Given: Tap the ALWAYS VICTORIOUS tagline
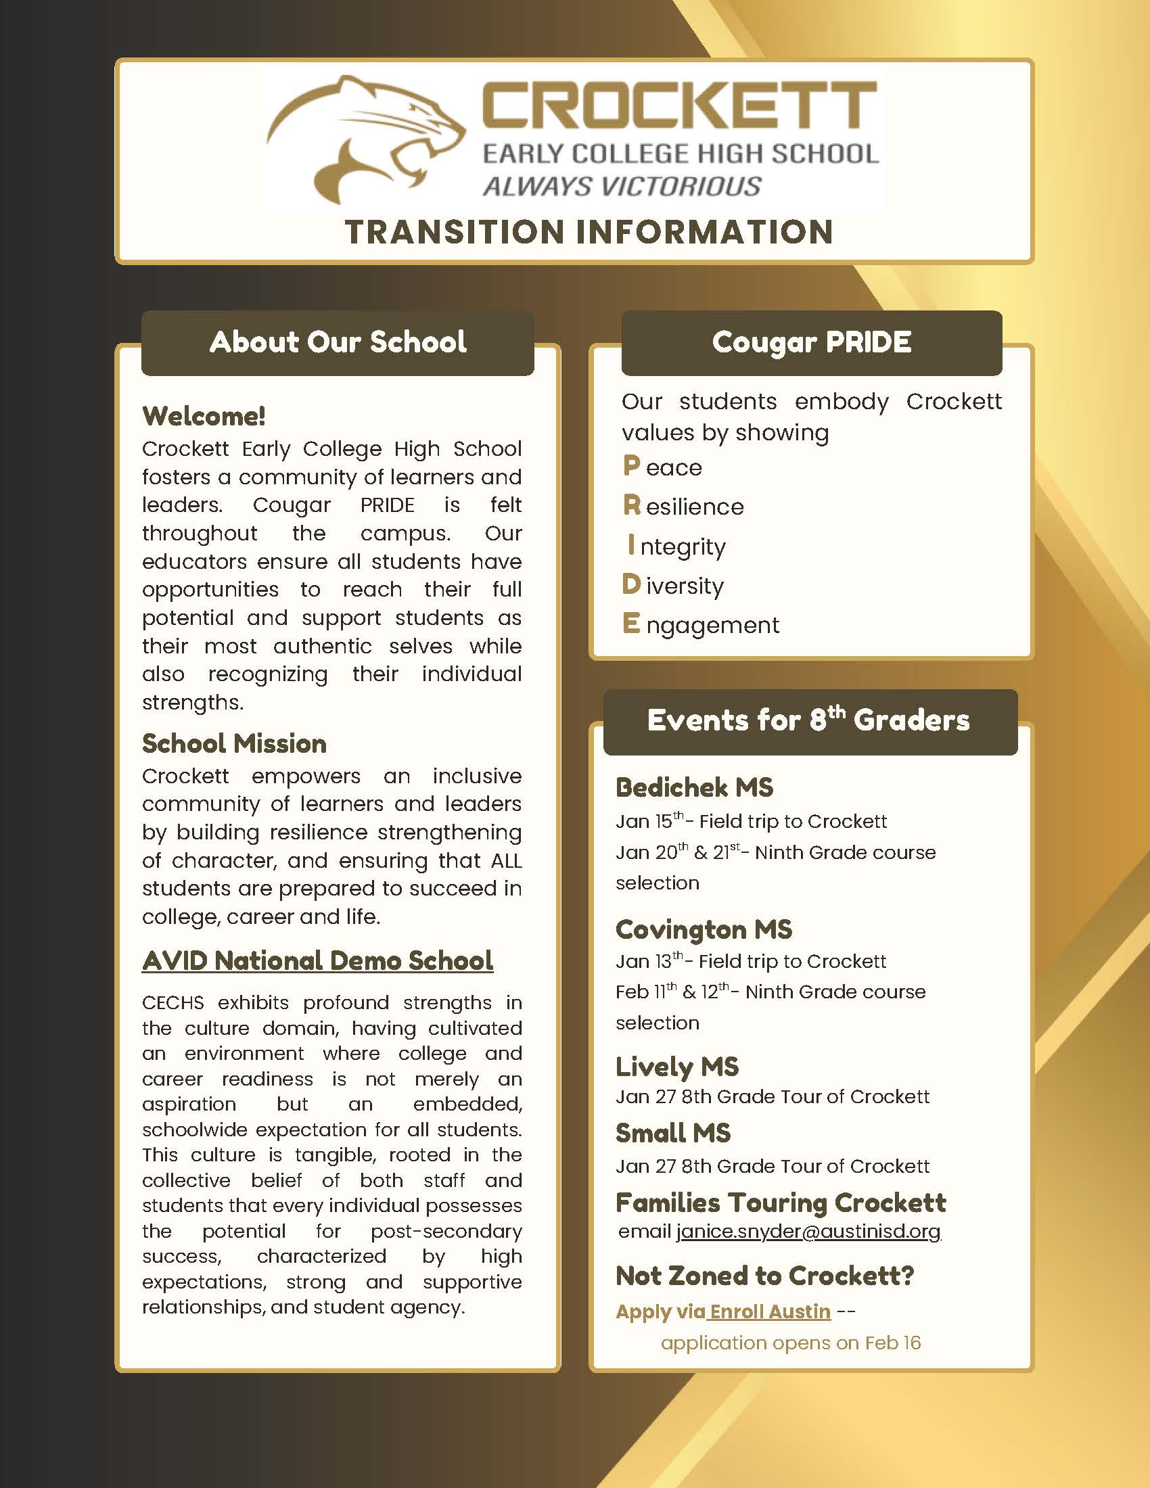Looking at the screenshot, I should [x=621, y=186].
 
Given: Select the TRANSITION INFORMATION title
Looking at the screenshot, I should [x=589, y=231].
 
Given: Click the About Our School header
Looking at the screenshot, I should [x=338, y=342].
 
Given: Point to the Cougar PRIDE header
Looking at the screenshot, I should [x=811, y=342].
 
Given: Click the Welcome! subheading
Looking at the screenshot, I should [x=204, y=415].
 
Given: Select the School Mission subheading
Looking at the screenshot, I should [x=234, y=743].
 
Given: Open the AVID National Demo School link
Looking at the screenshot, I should [x=317, y=960].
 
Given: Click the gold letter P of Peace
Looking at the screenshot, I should [x=631, y=466].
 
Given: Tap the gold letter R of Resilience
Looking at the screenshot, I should [x=632, y=505].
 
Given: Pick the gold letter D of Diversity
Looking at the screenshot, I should [x=631, y=584].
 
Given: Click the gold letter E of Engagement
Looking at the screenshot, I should [x=631, y=624].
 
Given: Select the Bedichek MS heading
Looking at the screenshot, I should [x=694, y=787].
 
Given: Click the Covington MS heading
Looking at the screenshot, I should [x=704, y=929].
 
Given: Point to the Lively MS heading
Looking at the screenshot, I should [x=676, y=1066].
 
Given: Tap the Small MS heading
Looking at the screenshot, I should [x=672, y=1133].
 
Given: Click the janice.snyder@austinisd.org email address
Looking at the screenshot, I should [x=808, y=1232].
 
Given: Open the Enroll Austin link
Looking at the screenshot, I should [x=770, y=1311].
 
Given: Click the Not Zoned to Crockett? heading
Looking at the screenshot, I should [x=764, y=1276].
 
